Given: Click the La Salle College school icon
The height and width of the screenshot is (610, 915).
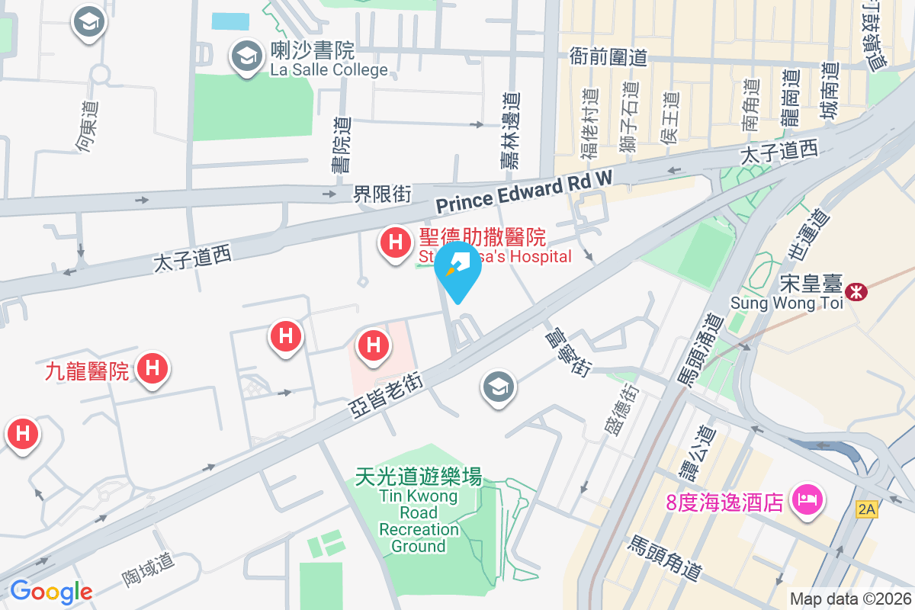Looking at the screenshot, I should click(x=246, y=56).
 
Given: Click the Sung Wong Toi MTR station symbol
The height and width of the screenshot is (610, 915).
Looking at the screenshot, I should click(x=856, y=291).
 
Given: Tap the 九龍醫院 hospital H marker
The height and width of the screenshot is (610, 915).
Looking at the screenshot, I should click(x=152, y=369).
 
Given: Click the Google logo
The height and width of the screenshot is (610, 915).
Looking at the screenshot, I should click(x=51, y=591).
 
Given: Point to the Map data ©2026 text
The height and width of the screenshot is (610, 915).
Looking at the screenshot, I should click(x=849, y=599).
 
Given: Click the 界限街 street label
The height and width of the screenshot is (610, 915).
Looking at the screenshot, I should click(x=382, y=194).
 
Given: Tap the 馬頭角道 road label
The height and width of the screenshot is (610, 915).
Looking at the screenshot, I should click(x=664, y=557).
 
